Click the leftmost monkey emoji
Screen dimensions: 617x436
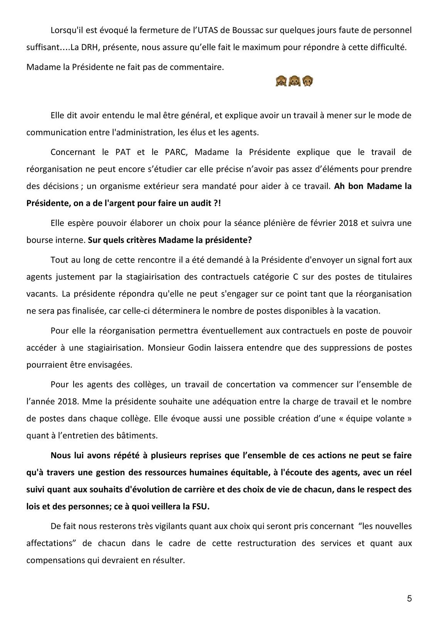[x=281, y=81]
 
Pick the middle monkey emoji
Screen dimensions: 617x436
[x=295, y=81]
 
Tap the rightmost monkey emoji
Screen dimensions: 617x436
[x=308, y=81]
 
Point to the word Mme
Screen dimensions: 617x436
[x=89, y=401]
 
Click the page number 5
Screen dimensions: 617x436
[x=409, y=598]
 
